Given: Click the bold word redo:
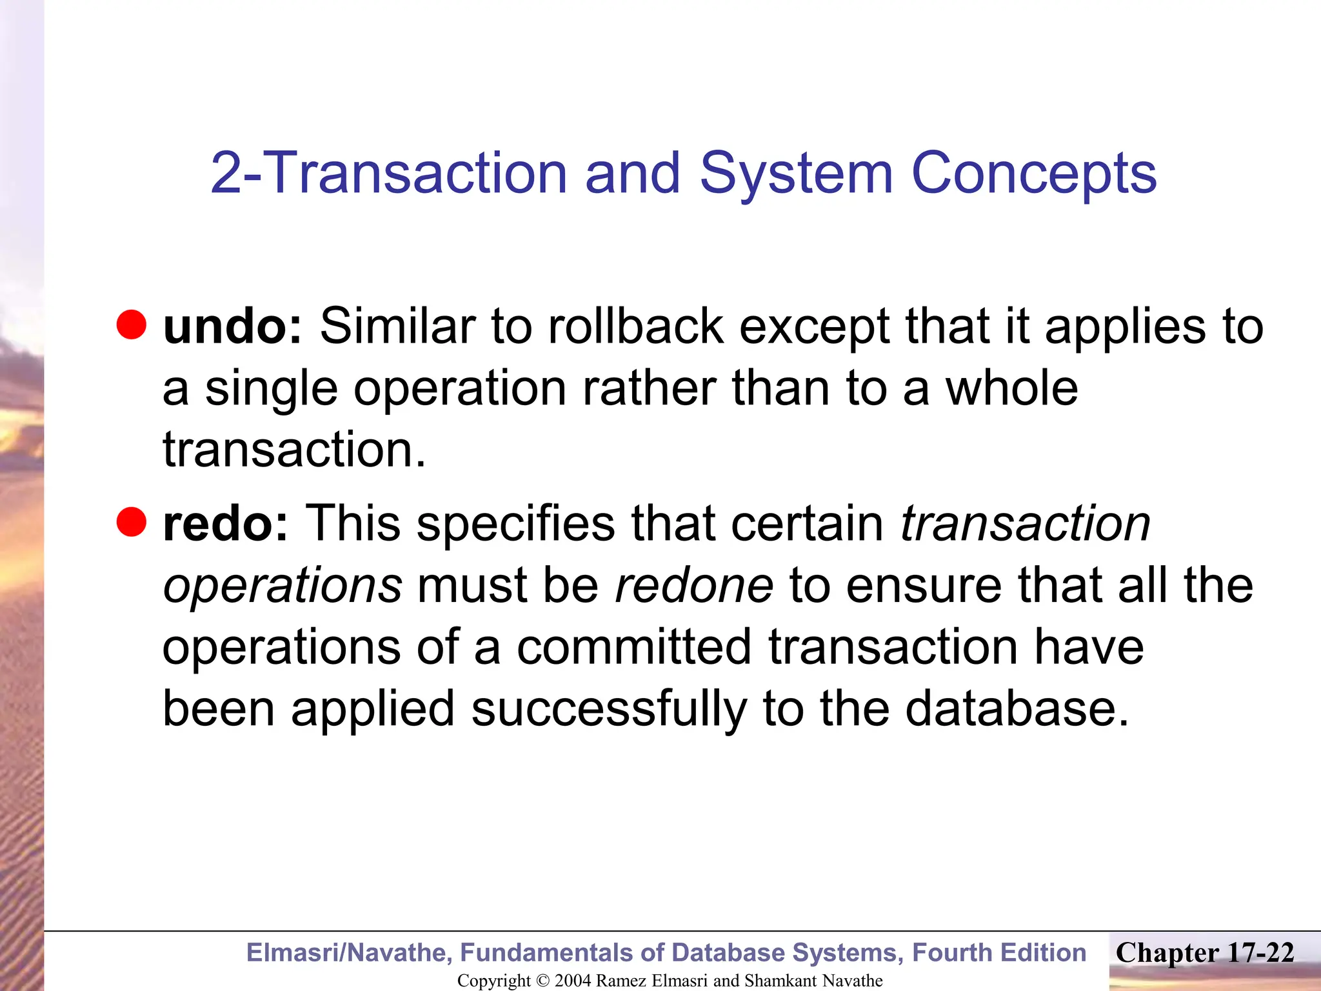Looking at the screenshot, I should [x=225, y=523].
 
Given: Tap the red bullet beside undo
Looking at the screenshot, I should [x=132, y=324].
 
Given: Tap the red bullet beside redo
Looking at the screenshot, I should [x=132, y=521].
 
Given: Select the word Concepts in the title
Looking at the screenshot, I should [x=1034, y=173].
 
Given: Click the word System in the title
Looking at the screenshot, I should [x=796, y=173].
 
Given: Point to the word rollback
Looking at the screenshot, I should [x=635, y=326].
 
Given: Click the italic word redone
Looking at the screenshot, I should [x=694, y=586].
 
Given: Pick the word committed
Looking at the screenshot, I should [x=634, y=647].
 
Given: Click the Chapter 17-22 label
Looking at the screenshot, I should [x=1205, y=953].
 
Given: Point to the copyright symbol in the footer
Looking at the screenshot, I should [x=542, y=981].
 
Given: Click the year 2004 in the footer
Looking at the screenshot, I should [x=573, y=981].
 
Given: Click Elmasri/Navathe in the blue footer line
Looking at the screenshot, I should [x=349, y=952].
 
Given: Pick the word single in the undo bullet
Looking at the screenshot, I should [x=271, y=390].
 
